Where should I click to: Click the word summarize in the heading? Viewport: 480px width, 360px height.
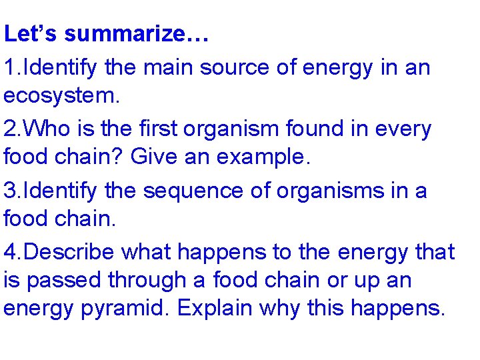137,35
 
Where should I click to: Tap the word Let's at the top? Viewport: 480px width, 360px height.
32,35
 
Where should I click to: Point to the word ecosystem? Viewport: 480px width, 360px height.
61,97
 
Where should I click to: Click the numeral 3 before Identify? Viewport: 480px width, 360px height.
9,190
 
